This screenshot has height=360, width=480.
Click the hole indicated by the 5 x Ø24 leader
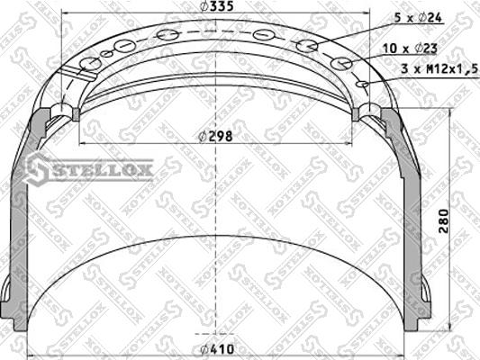click(x=306, y=46)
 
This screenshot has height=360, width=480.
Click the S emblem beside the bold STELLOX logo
click(x=39, y=167)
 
